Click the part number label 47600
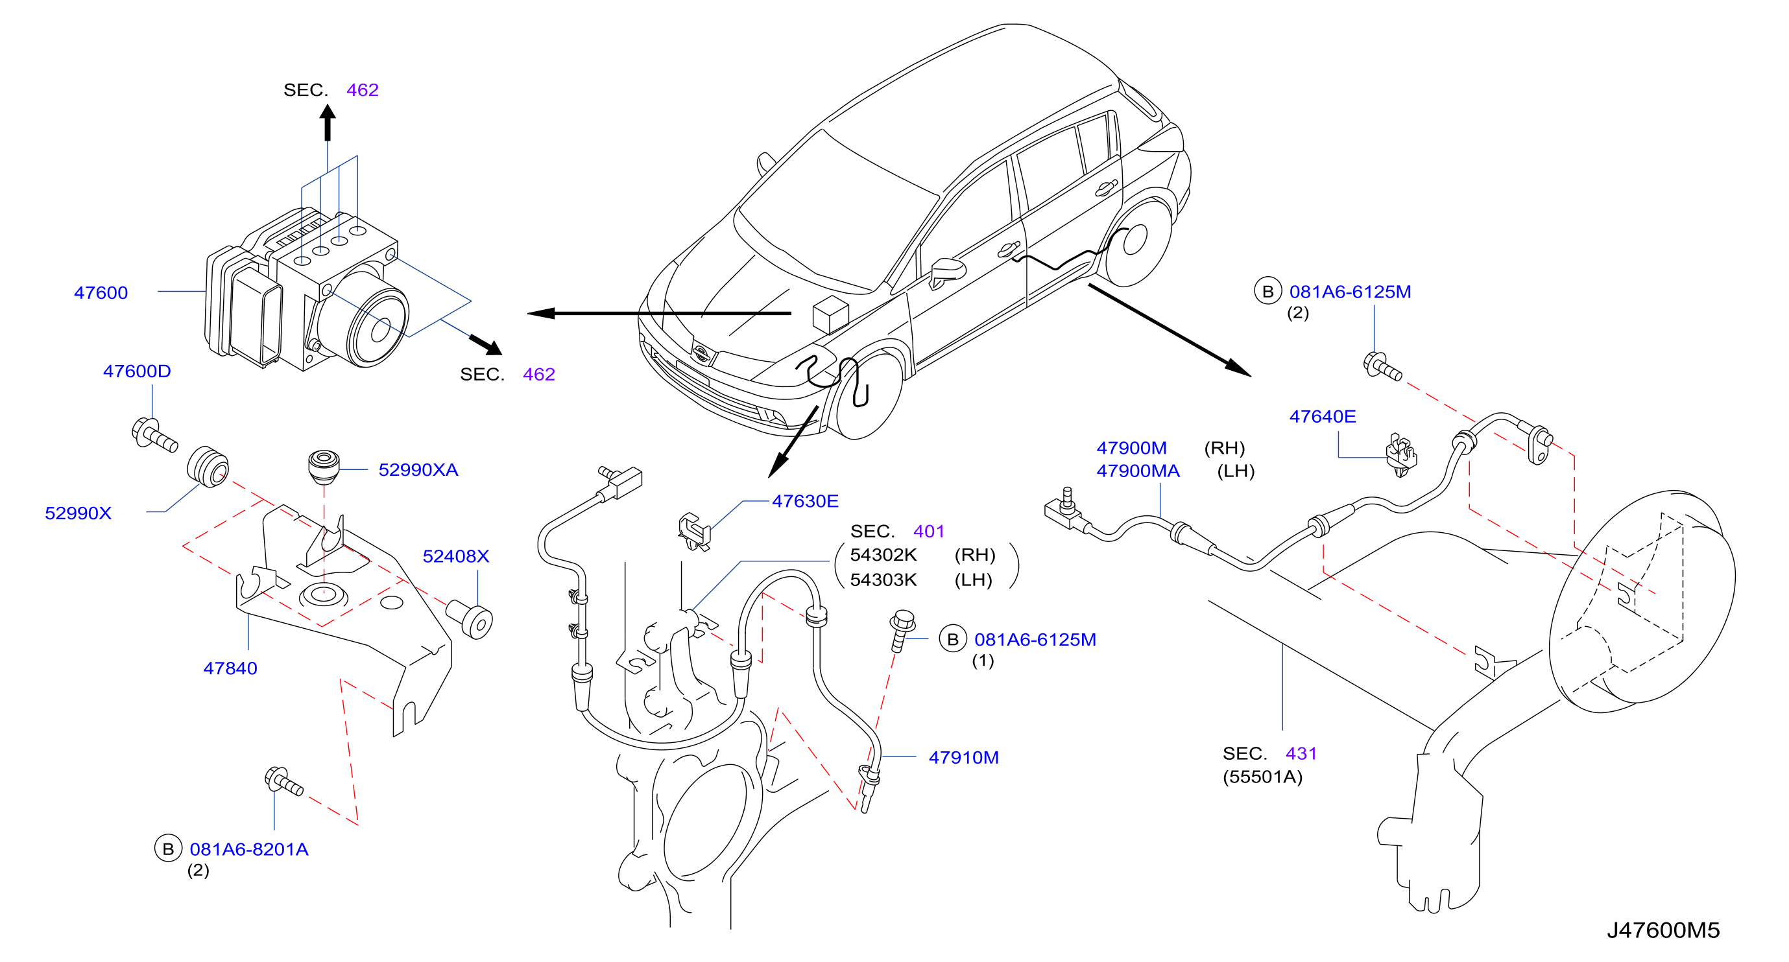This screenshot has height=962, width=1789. [x=101, y=293]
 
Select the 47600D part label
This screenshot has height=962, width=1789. [x=137, y=371]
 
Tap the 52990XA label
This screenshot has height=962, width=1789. [x=418, y=470]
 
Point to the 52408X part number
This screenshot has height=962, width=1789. [x=455, y=556]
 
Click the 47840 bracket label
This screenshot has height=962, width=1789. [x=230, y=668]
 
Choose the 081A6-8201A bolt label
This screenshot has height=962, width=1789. [x=248, y=850]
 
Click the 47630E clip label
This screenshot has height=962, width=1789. [x=805, y=501]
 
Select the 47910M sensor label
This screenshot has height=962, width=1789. [x=963, y=757]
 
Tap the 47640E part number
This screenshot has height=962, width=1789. [x=1323, y=416]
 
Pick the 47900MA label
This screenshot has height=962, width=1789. [x=1138, y=471]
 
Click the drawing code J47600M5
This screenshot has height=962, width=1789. [x=1663, y=930]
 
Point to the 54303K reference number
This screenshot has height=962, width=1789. [x=883, y=580]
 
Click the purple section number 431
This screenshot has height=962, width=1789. [x=1301, y=754]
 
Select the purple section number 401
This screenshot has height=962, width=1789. [x=928, y=532]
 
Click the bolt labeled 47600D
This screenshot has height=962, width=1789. [x=154, y=435]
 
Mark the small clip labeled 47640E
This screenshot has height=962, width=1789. [x=1402, y=454]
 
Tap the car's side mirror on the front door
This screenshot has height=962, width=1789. [x=946, y=272]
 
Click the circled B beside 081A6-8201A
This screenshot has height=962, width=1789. [x=168, y=849]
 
